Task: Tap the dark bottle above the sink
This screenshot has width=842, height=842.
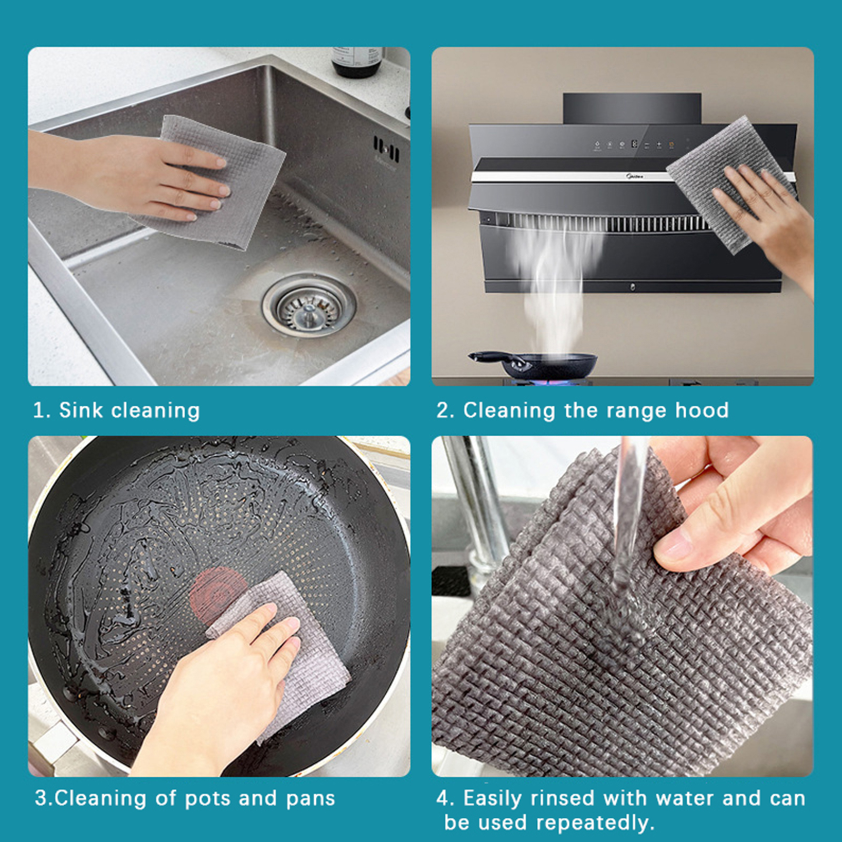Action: point(357,62)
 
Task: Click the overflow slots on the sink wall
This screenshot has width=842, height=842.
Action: point(386,148)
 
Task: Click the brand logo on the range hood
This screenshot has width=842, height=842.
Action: point(634,177)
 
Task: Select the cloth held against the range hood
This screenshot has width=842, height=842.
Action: point(731,184)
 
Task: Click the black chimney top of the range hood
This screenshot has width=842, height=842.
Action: point(632,109)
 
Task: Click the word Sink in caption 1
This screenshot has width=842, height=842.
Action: point(81,410)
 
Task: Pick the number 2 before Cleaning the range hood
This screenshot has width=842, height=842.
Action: point(443,410)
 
